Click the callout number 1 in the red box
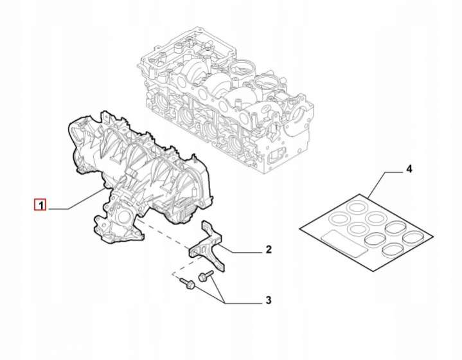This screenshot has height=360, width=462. (x=41, y=205)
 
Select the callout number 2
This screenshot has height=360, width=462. (x=269, y=249)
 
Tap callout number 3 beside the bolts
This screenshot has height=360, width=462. (x=268, y=300)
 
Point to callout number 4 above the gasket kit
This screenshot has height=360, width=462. (x=409, y=169)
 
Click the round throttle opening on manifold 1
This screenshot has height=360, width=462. (x=123, y=218)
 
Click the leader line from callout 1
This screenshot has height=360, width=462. (x=76, y=201)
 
